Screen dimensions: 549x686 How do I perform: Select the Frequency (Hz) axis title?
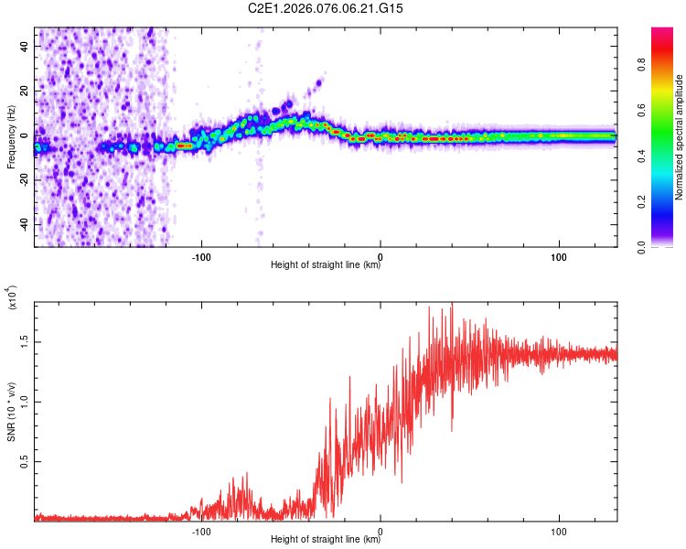click(x=11, y=136)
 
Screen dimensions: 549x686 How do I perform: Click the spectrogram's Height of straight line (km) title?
click(x=326, y=265)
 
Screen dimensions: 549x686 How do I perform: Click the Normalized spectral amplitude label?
click(x=679, y=136)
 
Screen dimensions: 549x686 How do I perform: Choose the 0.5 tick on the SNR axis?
click(x=25, y=462)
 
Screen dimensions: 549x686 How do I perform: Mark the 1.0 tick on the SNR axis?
click(x=25, y=402)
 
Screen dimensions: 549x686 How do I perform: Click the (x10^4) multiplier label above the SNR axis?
click(x=14, y=298)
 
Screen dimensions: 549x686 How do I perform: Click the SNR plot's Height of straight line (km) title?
click(x=326, y=540)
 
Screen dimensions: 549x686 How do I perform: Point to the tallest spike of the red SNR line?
click(x=452, y=304)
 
